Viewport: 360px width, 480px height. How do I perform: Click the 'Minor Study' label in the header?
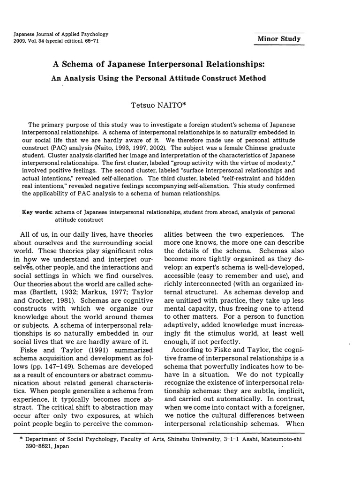click(279, 38)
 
